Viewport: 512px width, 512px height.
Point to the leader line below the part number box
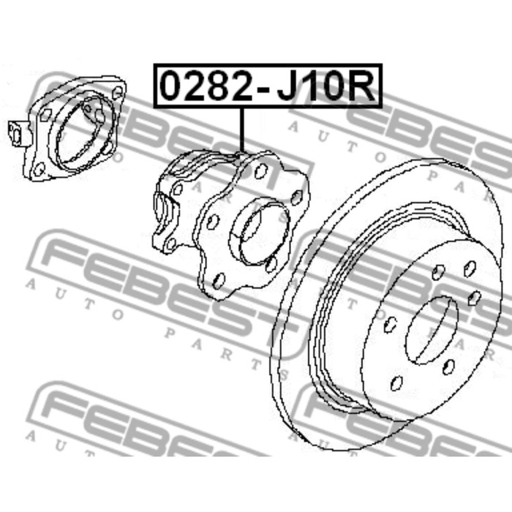(241, 130)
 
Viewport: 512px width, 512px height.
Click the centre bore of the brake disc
(432, 330)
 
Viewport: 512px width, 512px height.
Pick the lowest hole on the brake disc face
(396, 383)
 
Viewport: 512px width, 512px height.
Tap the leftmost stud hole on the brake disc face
(391, 325)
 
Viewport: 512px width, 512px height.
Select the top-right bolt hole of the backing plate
(118, 93)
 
